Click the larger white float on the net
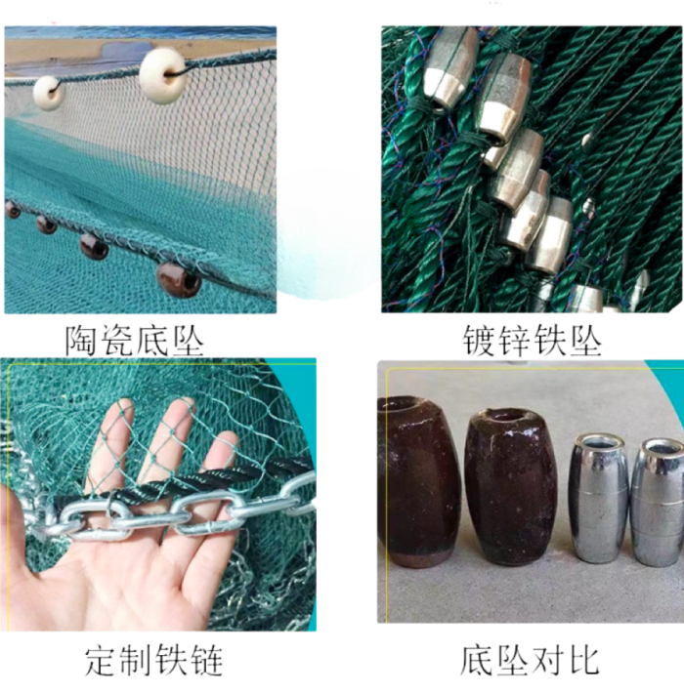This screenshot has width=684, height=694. pos(162,76)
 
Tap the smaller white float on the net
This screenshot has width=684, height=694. pos(48,93)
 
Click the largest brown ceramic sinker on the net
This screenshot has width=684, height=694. pos(179,280)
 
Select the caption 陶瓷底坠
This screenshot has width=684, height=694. pos(135,341)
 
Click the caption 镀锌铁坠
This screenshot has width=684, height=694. pos(532,341)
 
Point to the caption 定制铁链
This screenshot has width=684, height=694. pos(153,661)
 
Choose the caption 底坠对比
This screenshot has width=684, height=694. pos(530,661)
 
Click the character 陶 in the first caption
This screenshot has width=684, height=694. pos(82,341)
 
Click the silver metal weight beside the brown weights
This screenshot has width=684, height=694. pos(598,499)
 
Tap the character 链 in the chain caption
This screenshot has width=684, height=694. pos(205,661)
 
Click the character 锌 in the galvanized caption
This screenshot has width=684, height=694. pos(514,341)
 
